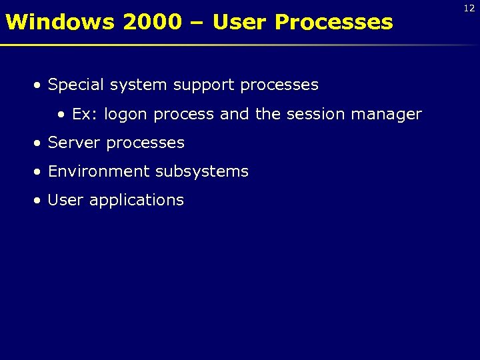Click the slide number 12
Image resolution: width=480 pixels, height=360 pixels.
coord(469,8)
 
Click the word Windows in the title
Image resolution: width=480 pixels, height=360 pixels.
coord(61,22)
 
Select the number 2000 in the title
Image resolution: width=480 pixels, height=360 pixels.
coord(152,22)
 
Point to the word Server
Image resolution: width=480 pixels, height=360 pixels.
coord(75,143)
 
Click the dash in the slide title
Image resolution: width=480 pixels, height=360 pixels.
coord(197,23)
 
